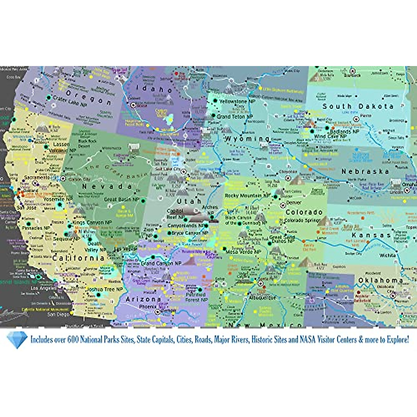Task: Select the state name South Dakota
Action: tap(358, 106)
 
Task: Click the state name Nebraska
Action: tap(365, 171)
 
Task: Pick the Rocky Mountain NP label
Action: tap(247, 196)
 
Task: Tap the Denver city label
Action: tap(294, 203)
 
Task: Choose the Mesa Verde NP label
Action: tap(246, 252)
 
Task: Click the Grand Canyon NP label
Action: tap(161, 264)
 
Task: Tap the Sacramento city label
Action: tap(37, 178)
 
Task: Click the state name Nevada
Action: tap(107, 187)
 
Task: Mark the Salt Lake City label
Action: tap(167, 169)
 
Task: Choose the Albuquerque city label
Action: tap(262, 298)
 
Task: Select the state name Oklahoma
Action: tap(381, 280)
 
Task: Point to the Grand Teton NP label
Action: tap(235, 117)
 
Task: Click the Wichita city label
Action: tap(387, 256)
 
